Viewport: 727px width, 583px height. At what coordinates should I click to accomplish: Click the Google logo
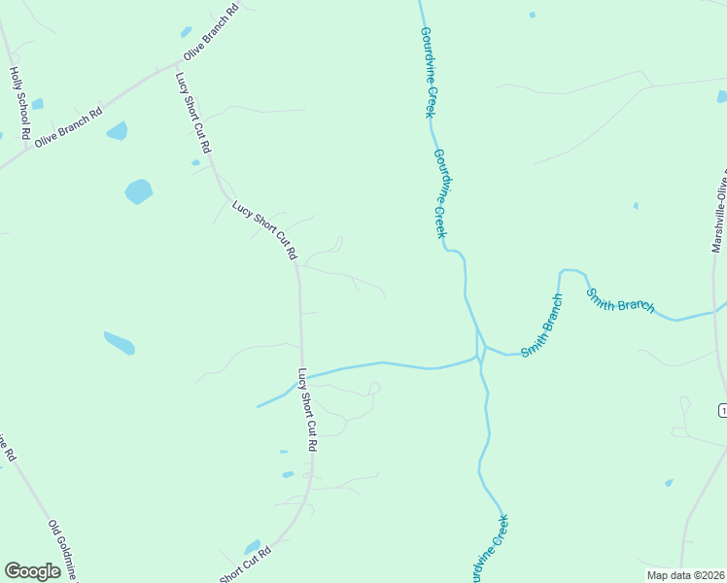click(x=32, y=571)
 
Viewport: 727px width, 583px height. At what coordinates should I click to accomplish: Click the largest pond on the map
click(x=139, y=191)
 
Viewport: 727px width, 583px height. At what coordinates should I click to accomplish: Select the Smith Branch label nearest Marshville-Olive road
click(x=619, y=300)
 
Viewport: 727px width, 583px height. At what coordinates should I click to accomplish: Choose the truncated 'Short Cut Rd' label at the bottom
click(x=245, y=565)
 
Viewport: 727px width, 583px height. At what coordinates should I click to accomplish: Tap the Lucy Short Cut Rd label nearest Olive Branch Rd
click(x=192, y=113)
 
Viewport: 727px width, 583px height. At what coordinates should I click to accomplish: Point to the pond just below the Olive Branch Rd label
click(x=117, y=130)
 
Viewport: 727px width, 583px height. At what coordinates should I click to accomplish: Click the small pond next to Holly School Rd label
click(x=37, y=104)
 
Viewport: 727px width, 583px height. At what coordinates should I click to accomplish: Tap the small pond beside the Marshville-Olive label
click(x=721, y=96)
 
